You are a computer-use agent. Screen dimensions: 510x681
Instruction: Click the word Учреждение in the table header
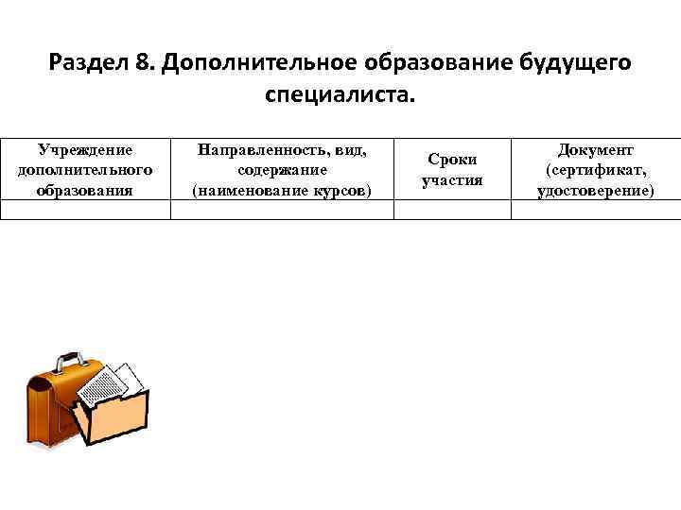(x=85, y=149)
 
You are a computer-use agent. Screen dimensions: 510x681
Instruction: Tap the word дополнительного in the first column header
(x=85, y=169)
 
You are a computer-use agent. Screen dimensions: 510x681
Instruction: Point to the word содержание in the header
(x=282, y=169)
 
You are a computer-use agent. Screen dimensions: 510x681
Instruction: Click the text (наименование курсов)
(x=282, y=190)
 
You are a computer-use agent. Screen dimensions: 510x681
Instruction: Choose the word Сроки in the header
(x=452, y=160)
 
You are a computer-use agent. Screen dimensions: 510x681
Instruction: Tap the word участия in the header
(x=452, y=179)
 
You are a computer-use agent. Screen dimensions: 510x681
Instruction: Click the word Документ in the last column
(x=596, y=149)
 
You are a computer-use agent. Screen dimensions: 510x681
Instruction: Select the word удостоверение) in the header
(x=596, y=190)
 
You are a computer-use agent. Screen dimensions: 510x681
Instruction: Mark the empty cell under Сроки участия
(x=452, y=211)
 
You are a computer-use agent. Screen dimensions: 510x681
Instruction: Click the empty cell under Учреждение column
(x=85, y=211)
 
